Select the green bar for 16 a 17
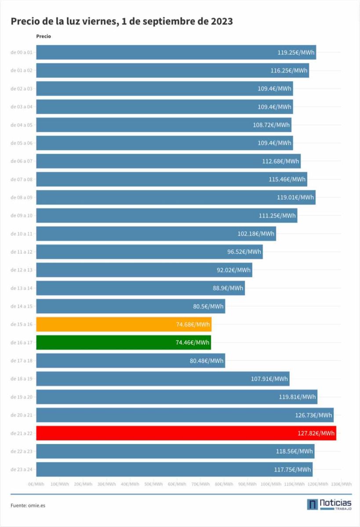click(123, 343)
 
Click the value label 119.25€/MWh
click(296, 53)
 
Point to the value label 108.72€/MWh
click(272, 125)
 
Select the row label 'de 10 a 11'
click(22, 234)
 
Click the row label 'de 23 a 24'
click(22, 469)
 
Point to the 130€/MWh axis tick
click(341, 484)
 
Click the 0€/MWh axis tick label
click(36, 484)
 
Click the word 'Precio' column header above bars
click(44, 36)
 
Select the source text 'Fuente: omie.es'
click(28, 505)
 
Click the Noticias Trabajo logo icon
click(312, 504)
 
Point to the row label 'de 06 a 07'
click(22, 161)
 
